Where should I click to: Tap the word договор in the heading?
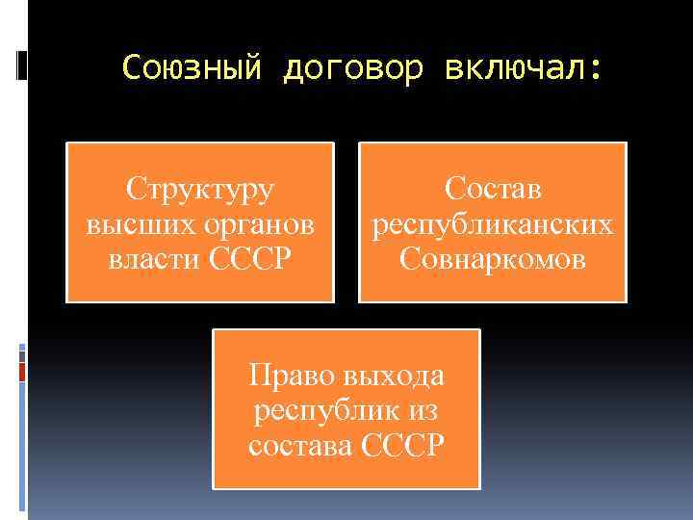(x=353, y=68)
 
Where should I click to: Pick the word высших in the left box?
(x=134, y=224)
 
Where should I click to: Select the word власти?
(x=154, y=259)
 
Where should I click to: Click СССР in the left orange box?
(x=249, y=259)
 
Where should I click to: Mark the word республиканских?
(x=493, y=224)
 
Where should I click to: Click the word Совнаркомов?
(x=493, y=259)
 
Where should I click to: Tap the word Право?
(x=290, y=374)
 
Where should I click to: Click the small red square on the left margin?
(x=22, y=371)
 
